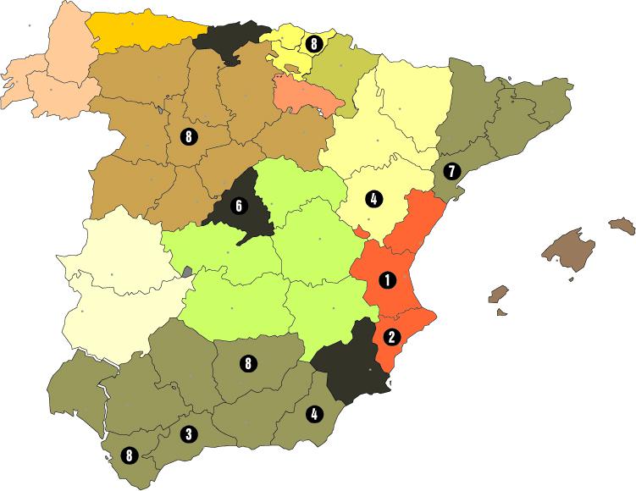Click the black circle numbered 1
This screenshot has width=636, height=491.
[x=387, y=279]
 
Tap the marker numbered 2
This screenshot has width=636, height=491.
[x=391, y=336]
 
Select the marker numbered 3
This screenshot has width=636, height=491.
[x=189, y=434]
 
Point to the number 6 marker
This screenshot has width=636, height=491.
[x=239, y=206]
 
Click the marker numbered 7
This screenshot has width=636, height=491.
[x=451, y=172]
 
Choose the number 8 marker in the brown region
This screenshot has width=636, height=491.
[x=188, y=135]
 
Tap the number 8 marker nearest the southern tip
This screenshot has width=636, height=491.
[x=128, y=455]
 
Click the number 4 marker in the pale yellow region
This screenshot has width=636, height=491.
[x=373, y=200]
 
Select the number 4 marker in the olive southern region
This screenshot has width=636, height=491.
[x=315, y=414]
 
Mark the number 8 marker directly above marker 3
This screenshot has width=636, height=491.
[x=247, y=364]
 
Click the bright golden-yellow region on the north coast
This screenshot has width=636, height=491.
[x=140, y=30]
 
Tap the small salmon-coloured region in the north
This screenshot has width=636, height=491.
[x=307, y=93]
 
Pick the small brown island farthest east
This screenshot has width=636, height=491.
[x=622, y=225]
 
